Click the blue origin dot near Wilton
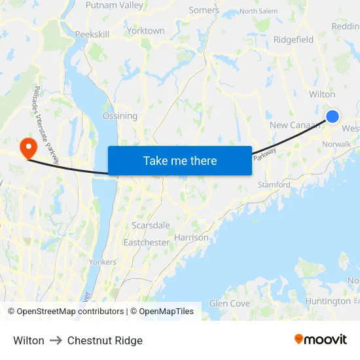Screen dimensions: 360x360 coord(333,117)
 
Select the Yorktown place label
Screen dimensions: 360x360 coord(145,31)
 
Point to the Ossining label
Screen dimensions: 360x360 coord(120,116)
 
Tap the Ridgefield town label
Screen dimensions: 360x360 coord(293,40)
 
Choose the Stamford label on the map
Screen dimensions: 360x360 coord(274,185)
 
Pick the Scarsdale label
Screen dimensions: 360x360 coord(151,225)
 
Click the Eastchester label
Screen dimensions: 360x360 coord(147,242)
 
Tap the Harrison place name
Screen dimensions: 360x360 coord(191,238)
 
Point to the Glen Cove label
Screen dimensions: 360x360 coord(230,304)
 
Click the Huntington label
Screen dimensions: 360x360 coord(328,301)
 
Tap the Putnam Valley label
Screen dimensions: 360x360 coord(115,5)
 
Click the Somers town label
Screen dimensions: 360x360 coord(204,10)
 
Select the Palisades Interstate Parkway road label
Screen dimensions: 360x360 coord(46,124)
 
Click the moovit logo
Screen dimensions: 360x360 coord(321,340)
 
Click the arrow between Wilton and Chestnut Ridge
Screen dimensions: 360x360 coord(56,340)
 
